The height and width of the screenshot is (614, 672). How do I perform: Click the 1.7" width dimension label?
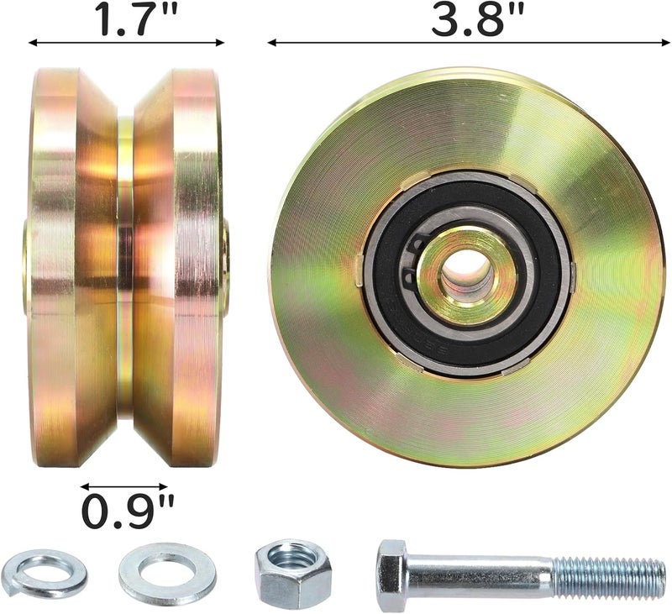point(126,19)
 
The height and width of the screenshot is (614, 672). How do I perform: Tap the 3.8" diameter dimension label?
point(467,19)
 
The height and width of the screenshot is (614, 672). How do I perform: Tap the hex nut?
point(293,574)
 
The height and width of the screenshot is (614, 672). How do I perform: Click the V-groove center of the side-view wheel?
point(125,269)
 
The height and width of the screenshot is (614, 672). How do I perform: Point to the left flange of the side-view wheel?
point(63,269)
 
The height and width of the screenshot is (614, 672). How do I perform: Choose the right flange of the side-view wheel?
point(189,269)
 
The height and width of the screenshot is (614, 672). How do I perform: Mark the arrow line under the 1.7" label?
point(126,41)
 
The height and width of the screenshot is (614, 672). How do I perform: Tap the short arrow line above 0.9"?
point(124,485)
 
